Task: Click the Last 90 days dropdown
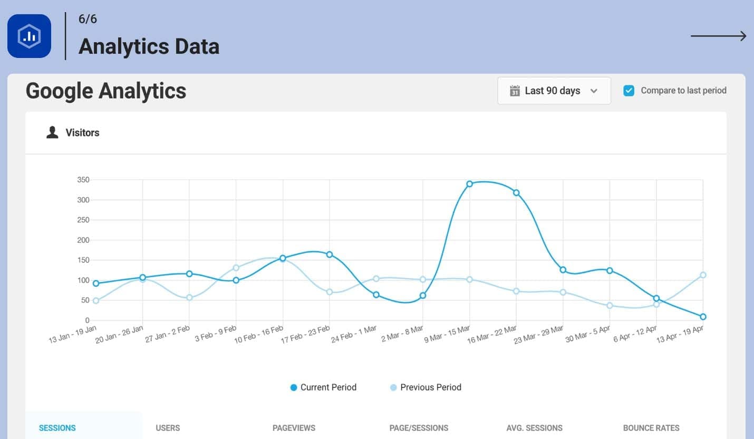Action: tap(554, 91)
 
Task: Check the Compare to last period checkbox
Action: tap(629, 91)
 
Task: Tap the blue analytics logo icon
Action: tap(30, 36)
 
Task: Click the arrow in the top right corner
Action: tap(718, 36)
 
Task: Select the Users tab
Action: tap(168, 428)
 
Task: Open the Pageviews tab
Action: tap(294, 428)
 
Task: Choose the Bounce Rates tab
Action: tap(651, 428)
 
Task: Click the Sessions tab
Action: tap(57, 428)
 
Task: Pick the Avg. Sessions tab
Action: tap(534, 428)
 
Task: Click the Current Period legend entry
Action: tap(323, 387)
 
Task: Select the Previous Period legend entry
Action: tap(426, 387)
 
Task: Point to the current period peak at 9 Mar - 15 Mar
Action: tap(470, 184)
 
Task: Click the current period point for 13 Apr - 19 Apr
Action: tap(703, 317)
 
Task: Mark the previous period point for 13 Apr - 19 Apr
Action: tap(703, 275)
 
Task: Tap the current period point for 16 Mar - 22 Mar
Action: tap(516, 193)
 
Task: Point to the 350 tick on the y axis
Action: tap(83, 180)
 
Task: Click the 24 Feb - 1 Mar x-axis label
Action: tap(353, 334)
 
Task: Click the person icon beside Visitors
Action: tap(52, 132)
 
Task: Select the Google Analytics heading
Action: tap(105, 91)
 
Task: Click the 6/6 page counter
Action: tap(88, 19)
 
